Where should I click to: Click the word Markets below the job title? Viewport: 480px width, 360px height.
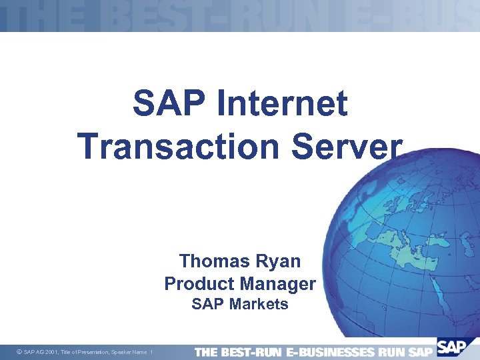point(259,305)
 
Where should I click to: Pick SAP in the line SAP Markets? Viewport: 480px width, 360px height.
point(208,305)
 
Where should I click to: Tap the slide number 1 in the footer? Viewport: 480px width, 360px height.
point(152,352)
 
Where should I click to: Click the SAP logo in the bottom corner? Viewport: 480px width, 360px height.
point(453,349)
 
